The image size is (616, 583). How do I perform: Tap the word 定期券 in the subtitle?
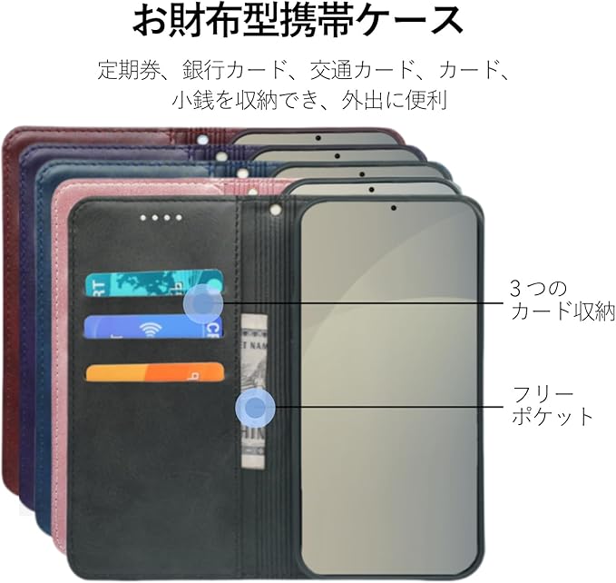[x=124, y=71]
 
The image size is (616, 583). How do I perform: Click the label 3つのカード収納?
[x=562, y=301]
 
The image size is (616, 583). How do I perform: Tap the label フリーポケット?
[x=552, y=406]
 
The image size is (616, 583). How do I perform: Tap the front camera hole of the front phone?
[x=393, y=207]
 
